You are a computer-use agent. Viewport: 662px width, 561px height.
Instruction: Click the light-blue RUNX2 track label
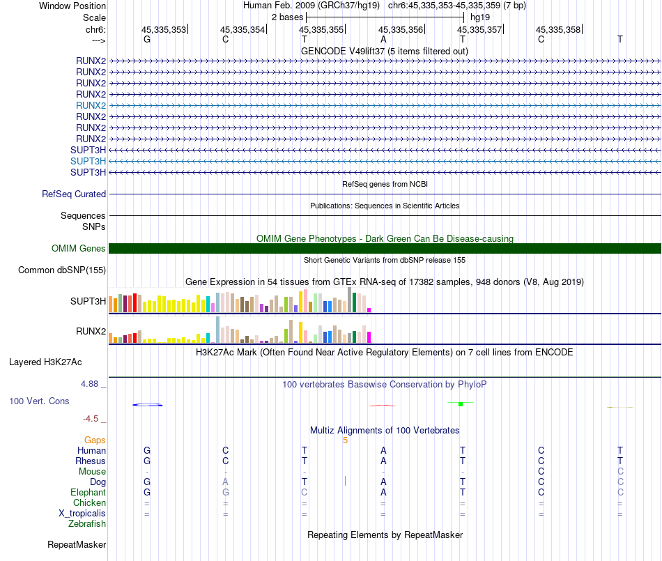91,105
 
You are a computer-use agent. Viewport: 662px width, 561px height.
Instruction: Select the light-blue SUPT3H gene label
88,161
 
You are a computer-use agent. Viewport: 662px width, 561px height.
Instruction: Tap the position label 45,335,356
401,29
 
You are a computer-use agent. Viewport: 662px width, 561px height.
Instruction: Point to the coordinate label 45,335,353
164,29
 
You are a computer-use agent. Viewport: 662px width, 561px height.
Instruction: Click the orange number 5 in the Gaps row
345,440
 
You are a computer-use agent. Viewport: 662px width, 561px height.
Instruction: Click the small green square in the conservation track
461,404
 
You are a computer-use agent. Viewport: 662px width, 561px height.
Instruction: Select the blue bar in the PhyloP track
147,404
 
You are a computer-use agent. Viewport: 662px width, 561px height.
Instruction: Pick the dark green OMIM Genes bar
385,248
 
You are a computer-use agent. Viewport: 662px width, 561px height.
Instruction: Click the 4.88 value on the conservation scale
92,384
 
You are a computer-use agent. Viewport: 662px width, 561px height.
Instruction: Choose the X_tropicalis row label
82,513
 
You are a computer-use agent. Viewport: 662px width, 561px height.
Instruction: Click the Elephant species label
88,492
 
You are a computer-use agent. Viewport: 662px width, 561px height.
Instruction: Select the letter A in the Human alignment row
383,450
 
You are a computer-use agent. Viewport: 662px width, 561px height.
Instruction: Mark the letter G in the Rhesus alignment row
146,461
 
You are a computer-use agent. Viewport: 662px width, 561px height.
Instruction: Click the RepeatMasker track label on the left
77,544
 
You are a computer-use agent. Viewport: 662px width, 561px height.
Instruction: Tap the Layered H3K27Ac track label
45,362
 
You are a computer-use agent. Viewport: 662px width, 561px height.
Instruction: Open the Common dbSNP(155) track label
62,270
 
